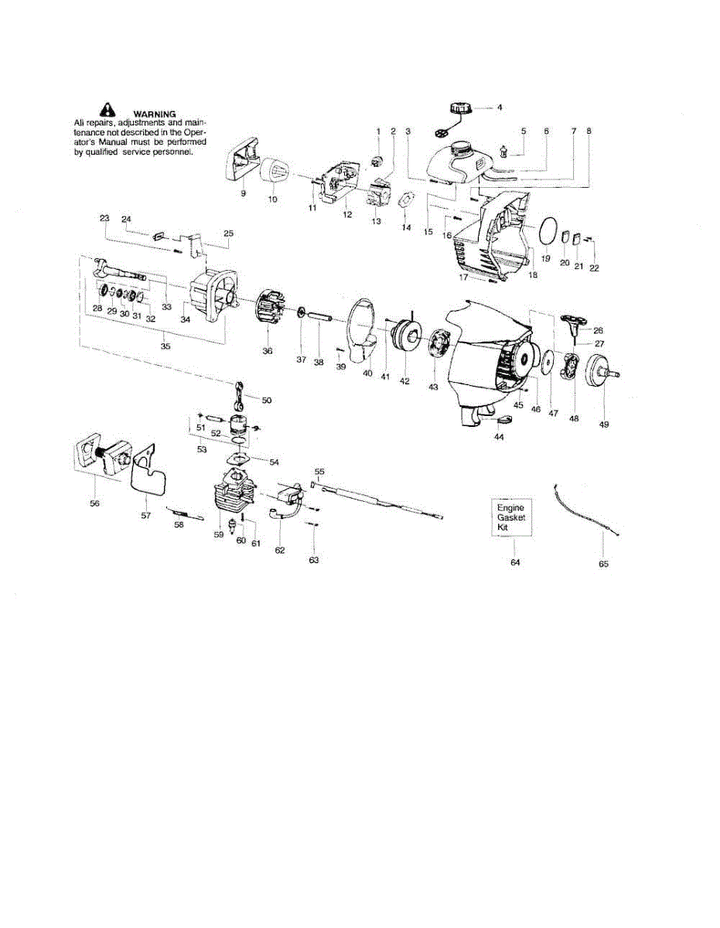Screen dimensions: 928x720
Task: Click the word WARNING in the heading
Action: [x=155, y=114]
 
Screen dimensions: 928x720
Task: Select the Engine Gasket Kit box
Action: [x=510, y=517]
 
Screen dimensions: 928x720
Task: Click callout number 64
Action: [x=515, y=562]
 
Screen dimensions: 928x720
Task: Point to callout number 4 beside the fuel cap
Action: [x=500, y=107]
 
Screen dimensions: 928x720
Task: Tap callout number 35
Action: [x=165, y=346]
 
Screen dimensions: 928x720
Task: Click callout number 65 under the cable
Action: [x=603, y=564]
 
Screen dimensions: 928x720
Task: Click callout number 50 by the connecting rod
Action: [x=267, y=400]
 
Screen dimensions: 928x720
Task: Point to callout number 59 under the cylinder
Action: [x=219, y=534]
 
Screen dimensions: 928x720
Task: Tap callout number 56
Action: [x=94, y=503]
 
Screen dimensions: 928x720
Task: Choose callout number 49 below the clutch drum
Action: [x=603, y=425]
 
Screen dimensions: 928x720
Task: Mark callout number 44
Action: [x=499, y=437]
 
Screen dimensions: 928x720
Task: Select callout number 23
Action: [x=104, y=218]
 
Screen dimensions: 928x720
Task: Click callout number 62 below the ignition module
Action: [x=280, y=550]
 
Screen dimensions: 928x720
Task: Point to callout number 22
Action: [x=594, y=268]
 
